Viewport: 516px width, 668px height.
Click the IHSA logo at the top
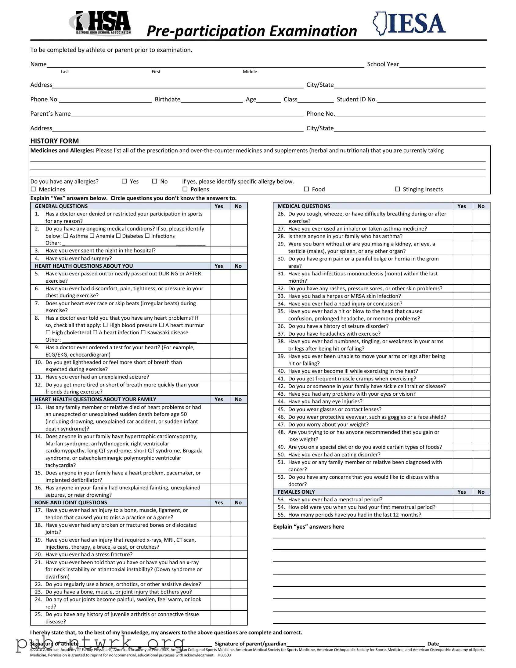tap(100, 23)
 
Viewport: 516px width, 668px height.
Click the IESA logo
tap(409, 24)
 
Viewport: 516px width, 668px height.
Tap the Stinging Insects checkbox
tap(397, 189)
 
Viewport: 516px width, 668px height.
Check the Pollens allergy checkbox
tap(185, 189)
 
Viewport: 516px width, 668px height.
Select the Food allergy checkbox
tap(306, 189)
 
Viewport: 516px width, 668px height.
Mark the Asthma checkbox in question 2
tap(66, 236)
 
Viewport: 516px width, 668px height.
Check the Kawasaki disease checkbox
tap(143, 332)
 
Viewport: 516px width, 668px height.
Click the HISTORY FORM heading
tap(54, 141)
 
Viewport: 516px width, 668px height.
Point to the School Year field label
tap(383, 64)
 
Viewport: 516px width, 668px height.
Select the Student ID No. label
tap(356, 100)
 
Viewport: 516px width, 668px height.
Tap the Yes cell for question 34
tap(463, 304)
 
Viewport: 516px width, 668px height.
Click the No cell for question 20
tap(238, 554)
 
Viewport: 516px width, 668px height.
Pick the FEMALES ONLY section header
tap(296, 492)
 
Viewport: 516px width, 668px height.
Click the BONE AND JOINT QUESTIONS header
tap(71, 503)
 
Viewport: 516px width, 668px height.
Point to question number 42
tap(281, 386)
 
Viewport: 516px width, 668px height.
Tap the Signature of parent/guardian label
tap(250, 644)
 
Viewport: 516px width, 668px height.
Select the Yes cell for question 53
tap(463, 499)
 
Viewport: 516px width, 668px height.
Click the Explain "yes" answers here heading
tap(309, 527)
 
